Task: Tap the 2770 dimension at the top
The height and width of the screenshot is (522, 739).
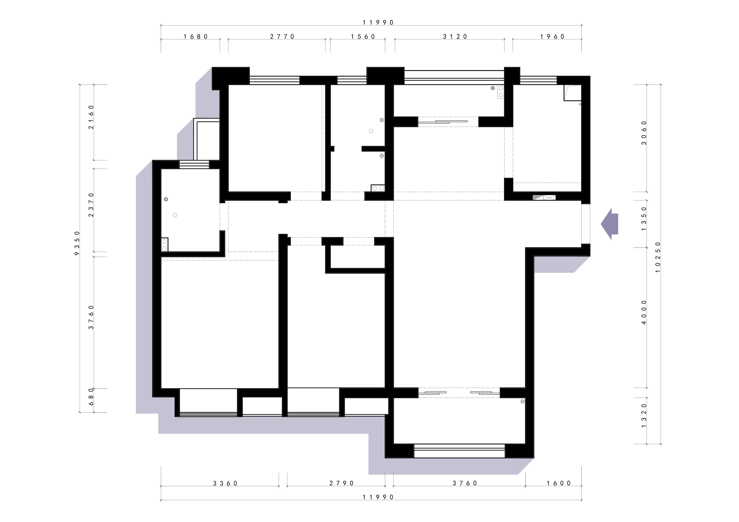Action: click(282, 37)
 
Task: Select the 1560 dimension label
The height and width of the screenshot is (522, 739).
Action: click(363, 37)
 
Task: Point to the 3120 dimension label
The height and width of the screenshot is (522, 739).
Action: click(455, 37)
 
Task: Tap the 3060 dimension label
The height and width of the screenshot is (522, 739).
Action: click(644, 133)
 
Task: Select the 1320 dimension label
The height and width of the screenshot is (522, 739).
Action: click(644, 416)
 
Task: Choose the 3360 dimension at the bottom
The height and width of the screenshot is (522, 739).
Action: click(225, 483)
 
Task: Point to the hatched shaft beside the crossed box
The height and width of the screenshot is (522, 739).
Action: click(537, 197)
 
